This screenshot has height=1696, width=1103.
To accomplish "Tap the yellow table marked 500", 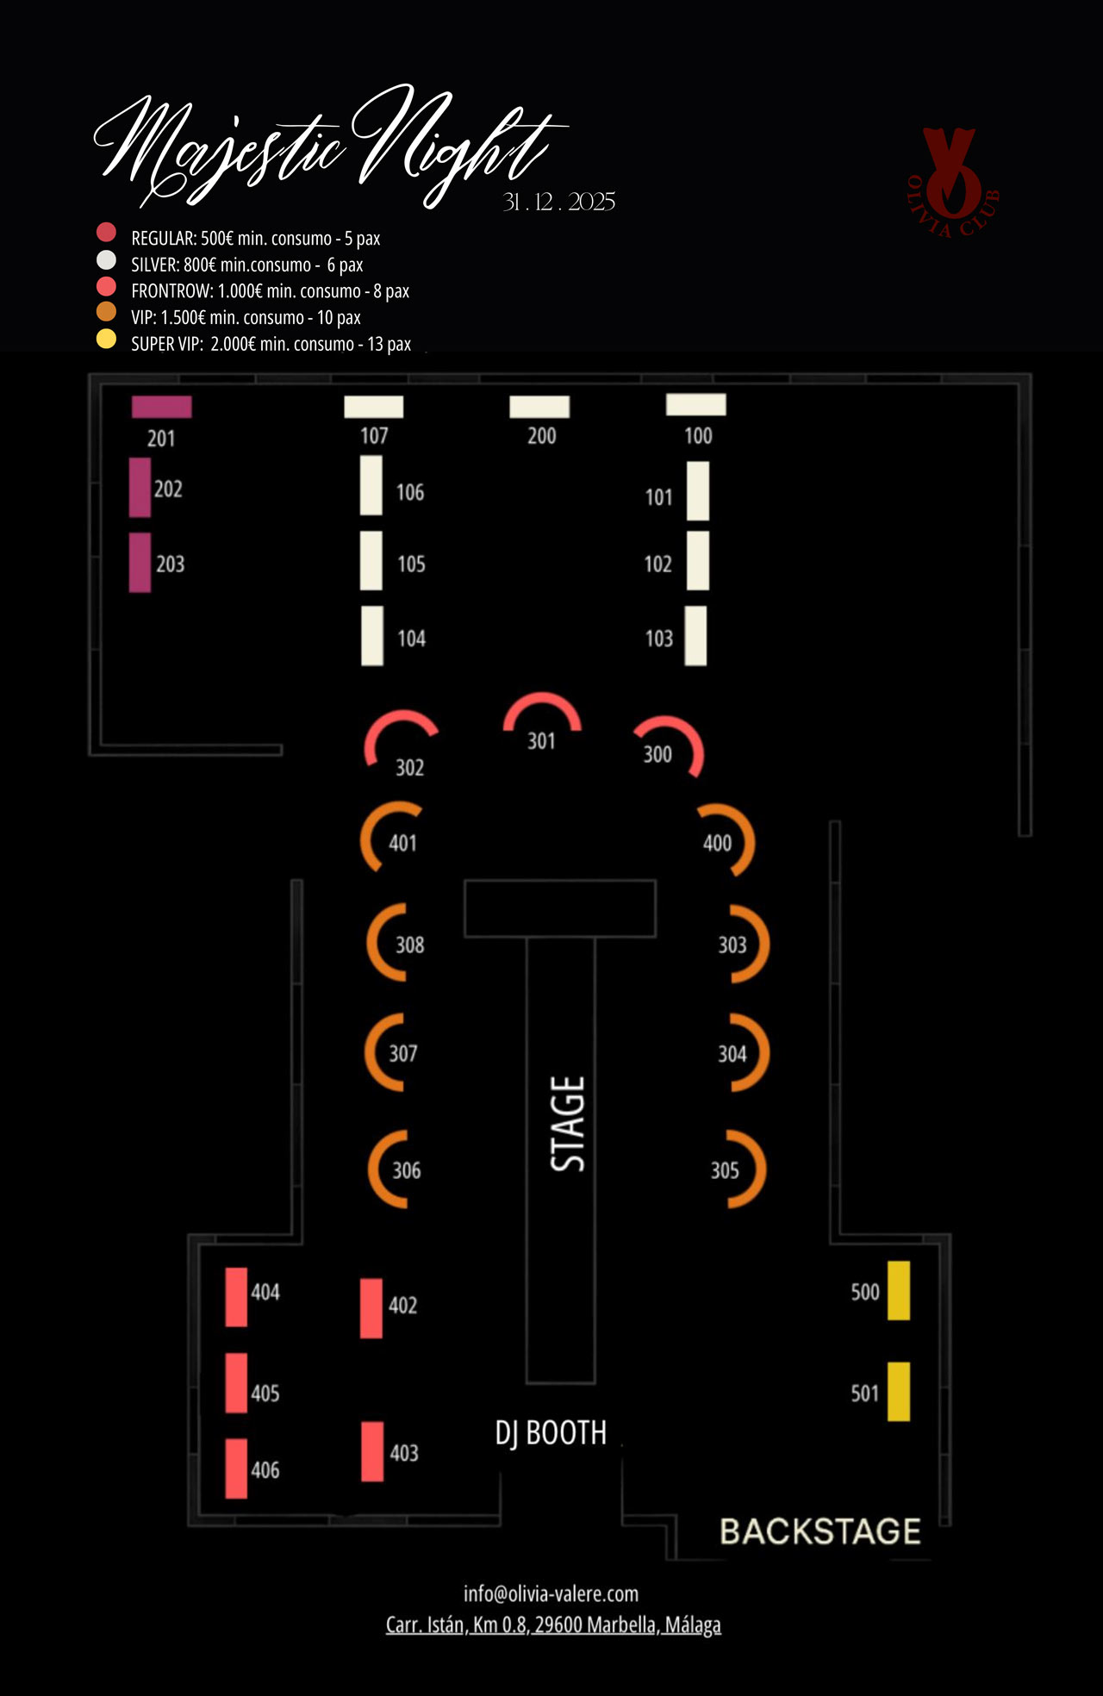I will tap(899, 1290).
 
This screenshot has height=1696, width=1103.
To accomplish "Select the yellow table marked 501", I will tap(899, 1391).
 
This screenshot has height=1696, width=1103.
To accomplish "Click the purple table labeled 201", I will tap(162, 407).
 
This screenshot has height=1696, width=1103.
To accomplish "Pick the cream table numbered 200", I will tap(539, 407).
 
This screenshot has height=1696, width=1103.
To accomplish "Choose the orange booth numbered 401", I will tap(379, 836).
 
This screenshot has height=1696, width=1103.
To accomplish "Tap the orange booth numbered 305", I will tap(746, 1169).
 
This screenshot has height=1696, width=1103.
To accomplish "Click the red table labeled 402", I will tap(371, 1308).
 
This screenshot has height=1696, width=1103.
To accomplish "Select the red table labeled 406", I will tap(236, 1468).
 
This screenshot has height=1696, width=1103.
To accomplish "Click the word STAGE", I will tap(568, 1124).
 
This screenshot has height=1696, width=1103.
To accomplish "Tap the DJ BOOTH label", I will tap(551, 1432).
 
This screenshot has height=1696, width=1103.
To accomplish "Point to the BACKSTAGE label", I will tap(819, 1531).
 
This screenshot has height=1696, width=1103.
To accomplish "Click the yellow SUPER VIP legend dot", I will tap(106, 339).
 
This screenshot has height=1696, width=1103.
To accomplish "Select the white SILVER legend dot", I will tap(106, 259).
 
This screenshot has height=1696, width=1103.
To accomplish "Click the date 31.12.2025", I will tap(558, 202).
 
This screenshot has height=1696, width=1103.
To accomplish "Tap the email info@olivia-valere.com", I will tap(551, 1593).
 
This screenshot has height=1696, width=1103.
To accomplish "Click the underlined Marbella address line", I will tap(553, 1624).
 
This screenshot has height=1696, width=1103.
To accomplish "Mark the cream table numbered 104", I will tap(372, 636).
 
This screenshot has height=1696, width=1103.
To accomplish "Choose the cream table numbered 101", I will tap(698, 491).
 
